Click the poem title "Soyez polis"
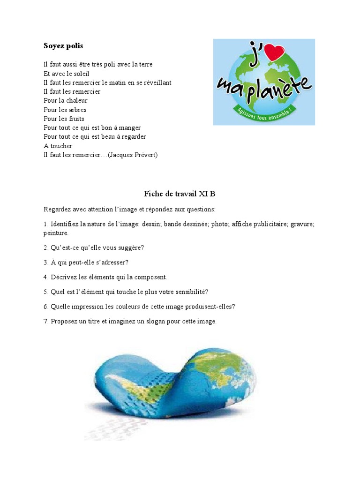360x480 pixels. tap(63, 46)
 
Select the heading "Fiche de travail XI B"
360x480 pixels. tap(180, 194)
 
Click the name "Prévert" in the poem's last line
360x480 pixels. tap(143, 155)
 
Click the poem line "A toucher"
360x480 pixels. tap(58, 146)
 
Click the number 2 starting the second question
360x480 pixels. tap(45, 247)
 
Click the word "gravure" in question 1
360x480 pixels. tap(302, 224)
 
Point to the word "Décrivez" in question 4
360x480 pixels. tap(62, 277)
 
